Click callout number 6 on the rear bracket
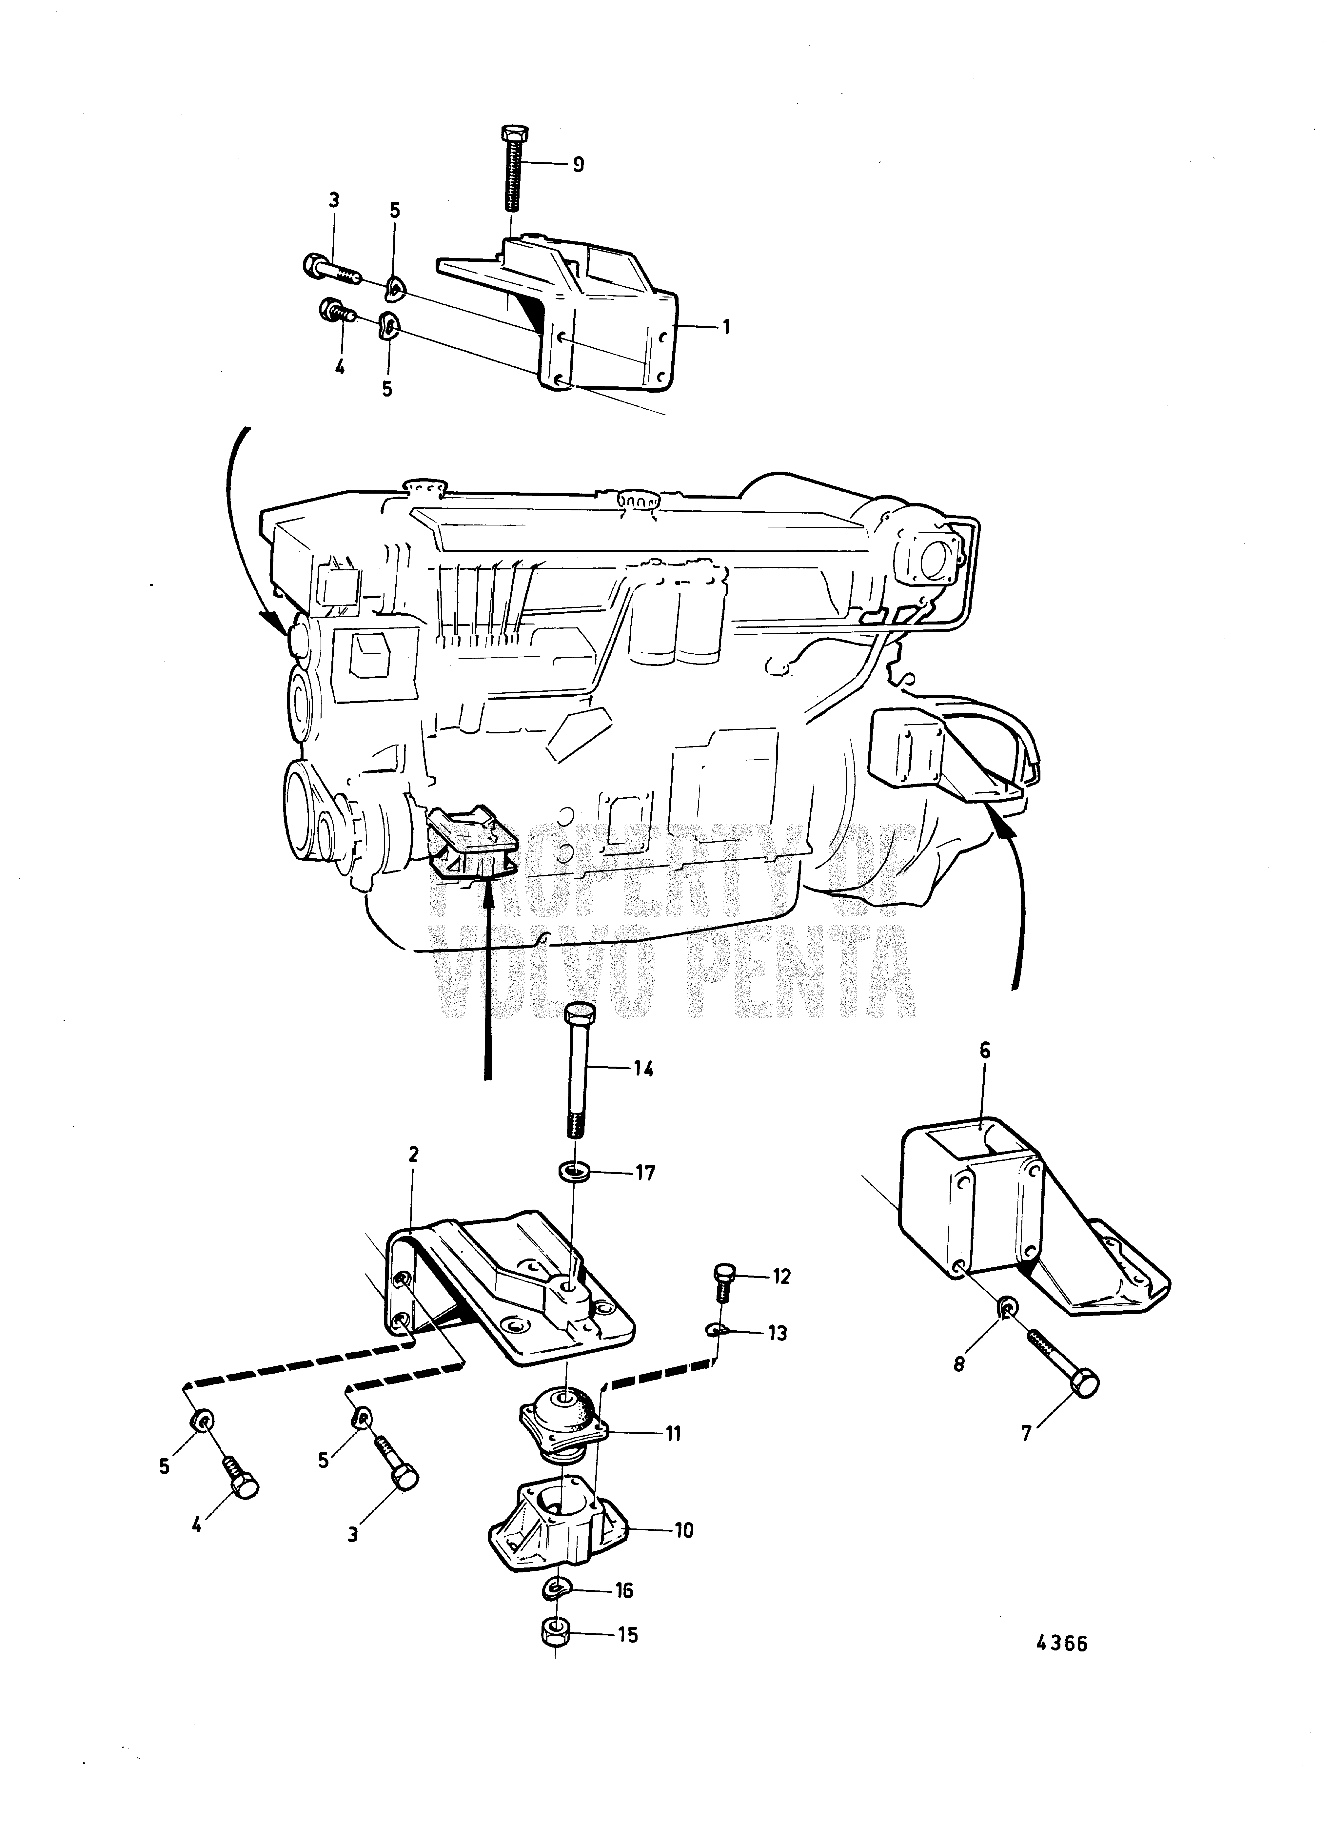[985, 1051]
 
